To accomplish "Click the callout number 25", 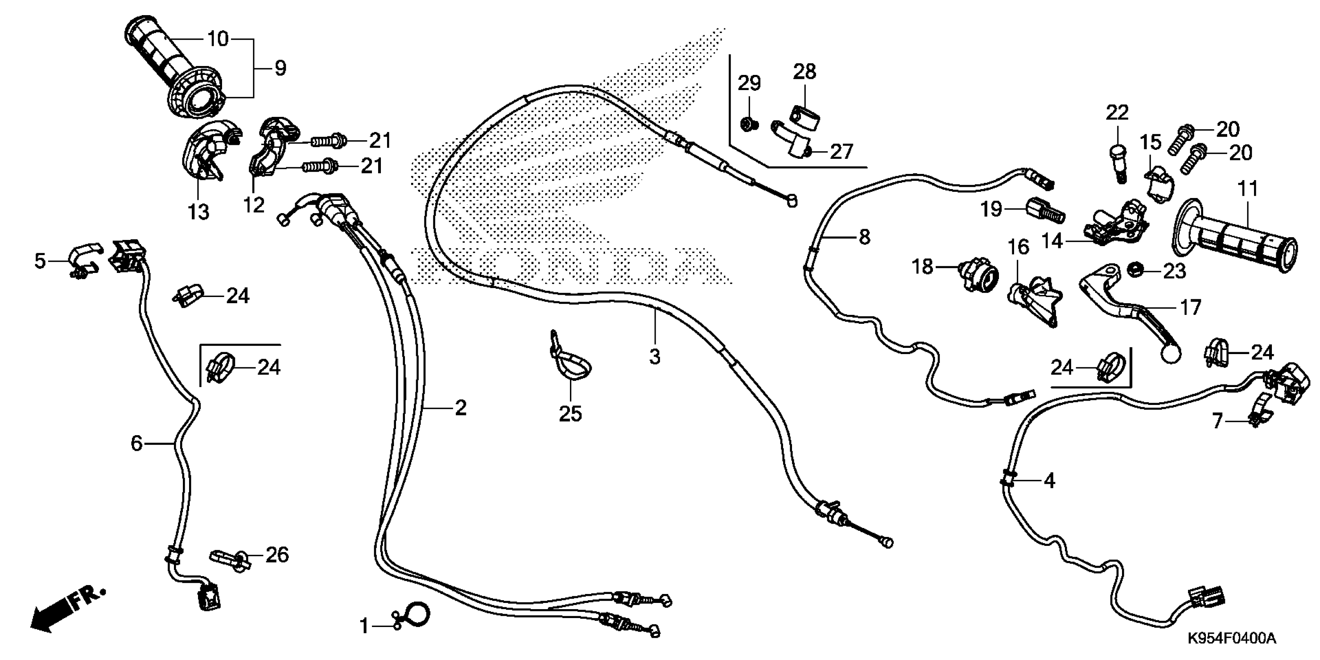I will pos(570,413).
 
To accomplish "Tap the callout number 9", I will pos(280,68).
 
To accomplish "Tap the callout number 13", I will pos(198,211).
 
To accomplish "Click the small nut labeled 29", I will pos(747,123).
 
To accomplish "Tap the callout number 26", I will pos(277,554).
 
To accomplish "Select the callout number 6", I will pos(136,443).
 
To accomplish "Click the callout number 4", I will pos(1049,481).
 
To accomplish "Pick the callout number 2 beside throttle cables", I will pos(461,408).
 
